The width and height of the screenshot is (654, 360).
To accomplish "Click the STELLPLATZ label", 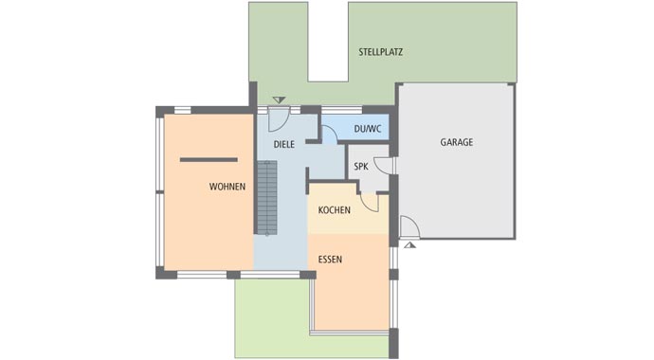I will click(x=380, y=52).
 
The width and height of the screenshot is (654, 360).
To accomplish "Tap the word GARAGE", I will click(x=456, y=142).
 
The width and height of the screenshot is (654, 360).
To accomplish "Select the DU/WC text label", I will click(x=366, y=128).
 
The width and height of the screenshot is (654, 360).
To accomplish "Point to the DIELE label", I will click(x=283, y=145).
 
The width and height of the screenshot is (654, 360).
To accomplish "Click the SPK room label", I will click(x=360, y=167).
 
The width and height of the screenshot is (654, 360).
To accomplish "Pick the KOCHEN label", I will click(x=334, y=209).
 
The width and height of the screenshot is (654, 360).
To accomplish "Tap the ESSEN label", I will click(x=330, y=259).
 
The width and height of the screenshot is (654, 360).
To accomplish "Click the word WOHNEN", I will click(x=227, y=187).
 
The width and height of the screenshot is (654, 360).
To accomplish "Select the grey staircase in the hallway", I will click(x=266, y=197).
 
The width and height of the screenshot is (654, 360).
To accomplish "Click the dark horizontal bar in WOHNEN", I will click(x=209, y=159).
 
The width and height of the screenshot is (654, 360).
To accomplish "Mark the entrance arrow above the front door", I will click(x=278, y=99).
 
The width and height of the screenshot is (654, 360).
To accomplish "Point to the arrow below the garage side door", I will click(x=409, y=244).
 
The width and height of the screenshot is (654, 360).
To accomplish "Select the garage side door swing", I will click(x=409, y=226).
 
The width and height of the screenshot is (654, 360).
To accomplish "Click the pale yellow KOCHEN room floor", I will click(x=347, y=223).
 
